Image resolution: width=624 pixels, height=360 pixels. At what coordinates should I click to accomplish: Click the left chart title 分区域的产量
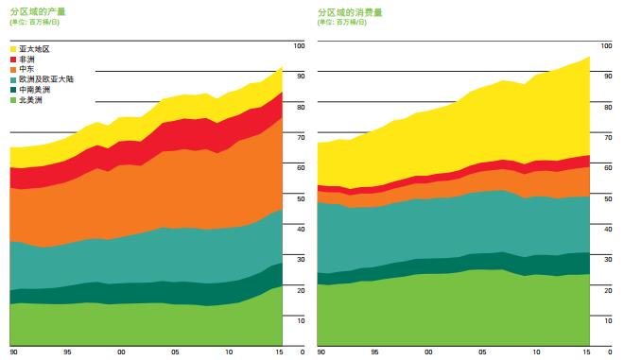[38, 11]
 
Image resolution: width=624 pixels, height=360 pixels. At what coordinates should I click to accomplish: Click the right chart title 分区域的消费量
[350, 12]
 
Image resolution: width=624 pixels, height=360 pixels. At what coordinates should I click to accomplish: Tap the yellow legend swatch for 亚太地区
[13, 49]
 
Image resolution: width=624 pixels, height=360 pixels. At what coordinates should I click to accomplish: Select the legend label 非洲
[26, 60]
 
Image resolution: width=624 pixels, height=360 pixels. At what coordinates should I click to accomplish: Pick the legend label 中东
[26, 69]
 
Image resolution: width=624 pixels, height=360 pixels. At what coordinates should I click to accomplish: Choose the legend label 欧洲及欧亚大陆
[46, 79]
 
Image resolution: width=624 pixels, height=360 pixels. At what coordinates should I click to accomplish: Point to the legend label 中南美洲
[35, 90]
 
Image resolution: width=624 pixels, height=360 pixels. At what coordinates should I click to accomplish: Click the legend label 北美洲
[30, 100]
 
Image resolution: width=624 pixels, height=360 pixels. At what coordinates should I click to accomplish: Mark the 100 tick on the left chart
[300, 45]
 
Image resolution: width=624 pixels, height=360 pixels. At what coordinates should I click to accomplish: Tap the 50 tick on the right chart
[608, 198]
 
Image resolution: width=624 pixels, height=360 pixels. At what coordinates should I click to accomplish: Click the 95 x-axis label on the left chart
[67, 352]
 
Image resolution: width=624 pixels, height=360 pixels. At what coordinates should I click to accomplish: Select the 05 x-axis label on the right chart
[482, 352]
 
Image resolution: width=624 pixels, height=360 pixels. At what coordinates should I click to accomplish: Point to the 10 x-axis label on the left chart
[229, 352]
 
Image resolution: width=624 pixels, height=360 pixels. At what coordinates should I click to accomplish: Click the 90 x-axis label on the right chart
[321, 352]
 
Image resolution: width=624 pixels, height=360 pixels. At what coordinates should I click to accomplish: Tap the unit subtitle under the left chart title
[35, 23]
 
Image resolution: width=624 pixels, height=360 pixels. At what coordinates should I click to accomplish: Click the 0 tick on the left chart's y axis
[303, 352]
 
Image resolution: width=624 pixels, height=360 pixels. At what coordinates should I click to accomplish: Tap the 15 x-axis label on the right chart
[586, 352]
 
